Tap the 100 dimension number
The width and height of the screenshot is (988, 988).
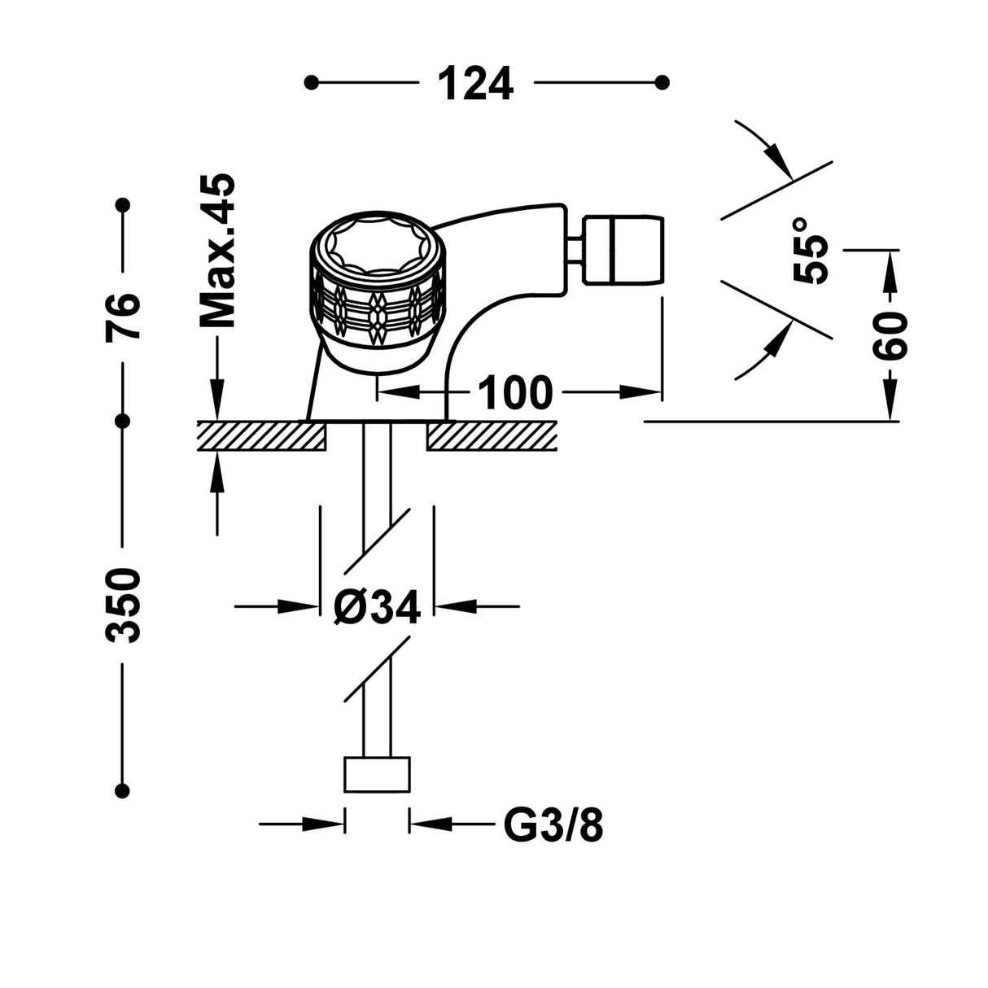pos(514,393)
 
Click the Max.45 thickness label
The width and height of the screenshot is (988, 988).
pos(217,251)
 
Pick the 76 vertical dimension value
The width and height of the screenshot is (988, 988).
pos(124,316)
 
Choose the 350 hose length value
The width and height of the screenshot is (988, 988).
pos(124,605)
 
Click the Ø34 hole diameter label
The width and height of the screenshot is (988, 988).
pos(377,606)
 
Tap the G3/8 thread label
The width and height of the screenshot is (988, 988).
pos(553,827)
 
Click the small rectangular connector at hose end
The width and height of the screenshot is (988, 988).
pos(377,774)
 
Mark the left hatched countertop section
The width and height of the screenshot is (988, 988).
pos(261,435)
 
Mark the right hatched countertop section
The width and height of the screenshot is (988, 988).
pos(492,435)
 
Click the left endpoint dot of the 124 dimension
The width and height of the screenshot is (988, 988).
pos(310,82)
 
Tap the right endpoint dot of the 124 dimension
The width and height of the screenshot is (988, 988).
pos(662,82)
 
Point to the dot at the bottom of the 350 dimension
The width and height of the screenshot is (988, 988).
pos(123,790)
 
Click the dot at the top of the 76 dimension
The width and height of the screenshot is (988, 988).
pos(123,203)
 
